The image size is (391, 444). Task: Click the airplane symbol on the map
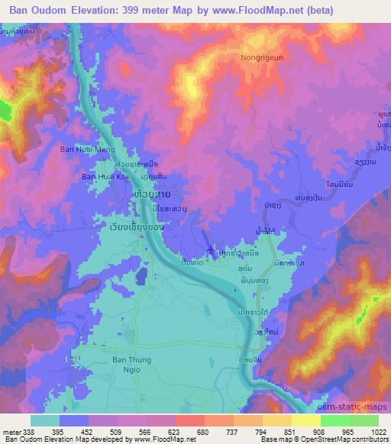[x=212, y=253]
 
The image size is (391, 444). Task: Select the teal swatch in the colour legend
[x=44, y=420]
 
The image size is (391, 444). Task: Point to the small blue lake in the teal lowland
[x=141, y=276]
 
